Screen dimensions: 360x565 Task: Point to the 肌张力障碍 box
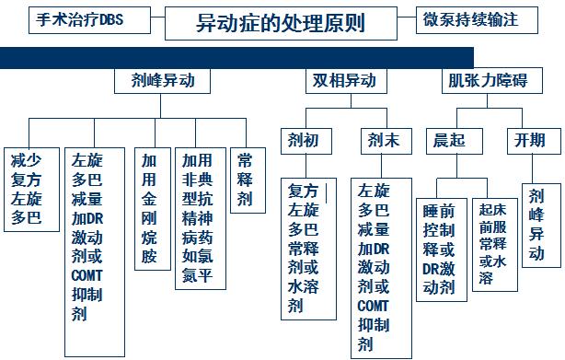(485, 81)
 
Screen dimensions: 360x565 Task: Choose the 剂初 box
(303, 141)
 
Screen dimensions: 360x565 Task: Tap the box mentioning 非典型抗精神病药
(198, 218)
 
